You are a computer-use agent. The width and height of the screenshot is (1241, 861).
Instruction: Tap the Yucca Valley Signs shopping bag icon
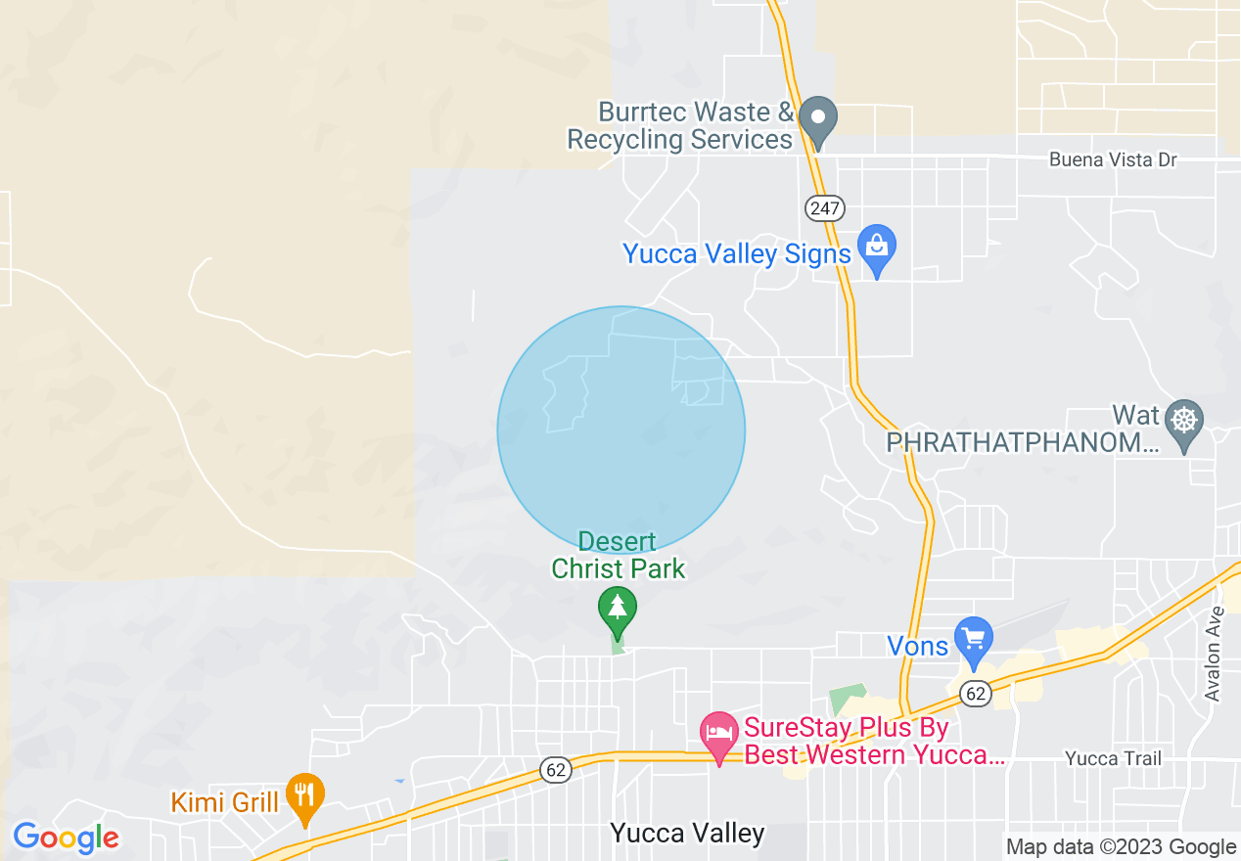pos(877,249)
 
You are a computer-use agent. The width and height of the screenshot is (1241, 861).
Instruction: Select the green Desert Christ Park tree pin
pos(617,611)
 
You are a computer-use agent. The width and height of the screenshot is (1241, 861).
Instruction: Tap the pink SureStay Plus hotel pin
pos(719,736)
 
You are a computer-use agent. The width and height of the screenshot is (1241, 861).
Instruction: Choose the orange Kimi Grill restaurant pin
pos(305,796)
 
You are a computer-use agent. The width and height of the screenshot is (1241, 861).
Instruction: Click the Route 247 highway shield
pos(825,207)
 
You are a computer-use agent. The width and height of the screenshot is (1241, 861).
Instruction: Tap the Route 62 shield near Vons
pos(975,694)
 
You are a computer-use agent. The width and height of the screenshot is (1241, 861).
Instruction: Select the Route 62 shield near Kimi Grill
pos(556,770)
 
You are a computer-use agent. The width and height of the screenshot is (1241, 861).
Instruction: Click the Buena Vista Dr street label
pos(1113,159)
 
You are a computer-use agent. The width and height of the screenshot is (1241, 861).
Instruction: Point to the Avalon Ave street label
pos(1215,654)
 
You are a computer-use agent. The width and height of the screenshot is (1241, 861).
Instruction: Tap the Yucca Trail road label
pos(1113,758)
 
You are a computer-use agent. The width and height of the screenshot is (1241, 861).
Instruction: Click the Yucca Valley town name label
pos(687,833)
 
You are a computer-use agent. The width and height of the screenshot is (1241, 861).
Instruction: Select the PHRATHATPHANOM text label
pos(1022,443)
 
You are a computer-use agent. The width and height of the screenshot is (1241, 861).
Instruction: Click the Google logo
pos(66,838)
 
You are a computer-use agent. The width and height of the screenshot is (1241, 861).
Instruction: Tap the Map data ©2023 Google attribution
pos(1121,847)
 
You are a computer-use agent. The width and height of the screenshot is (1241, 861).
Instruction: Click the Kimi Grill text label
pos(225,802)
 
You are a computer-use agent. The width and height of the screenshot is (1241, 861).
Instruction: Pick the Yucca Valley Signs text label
pos(737,254)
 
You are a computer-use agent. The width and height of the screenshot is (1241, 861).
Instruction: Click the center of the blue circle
pos(621,430)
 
